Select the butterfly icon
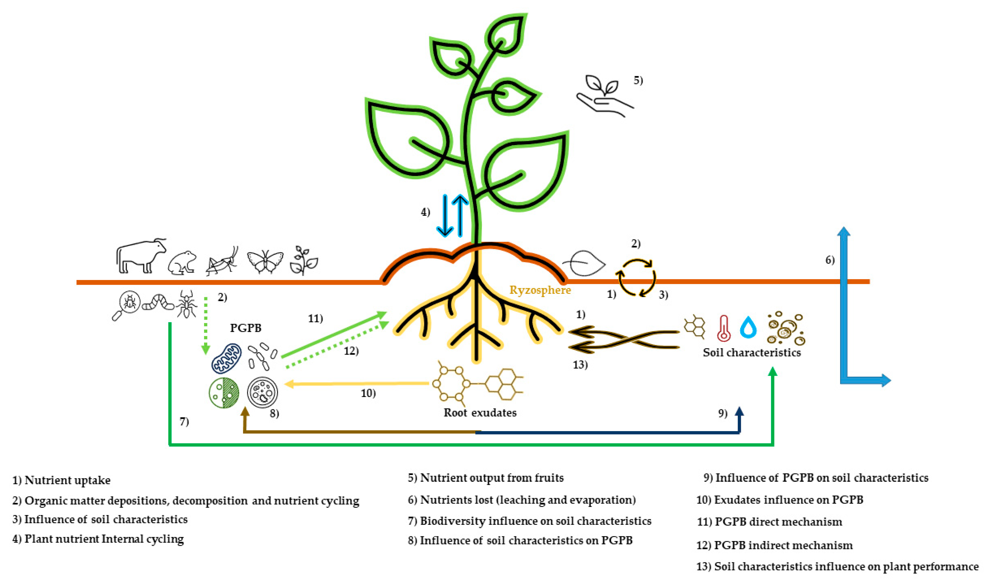[265, 262]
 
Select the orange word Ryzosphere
[540, 290]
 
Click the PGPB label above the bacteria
[246, 328]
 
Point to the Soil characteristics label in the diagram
[751, 353]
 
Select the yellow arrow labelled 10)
[356, 384]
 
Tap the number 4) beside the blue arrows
[425, 212]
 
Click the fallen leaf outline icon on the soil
[584, 263]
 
